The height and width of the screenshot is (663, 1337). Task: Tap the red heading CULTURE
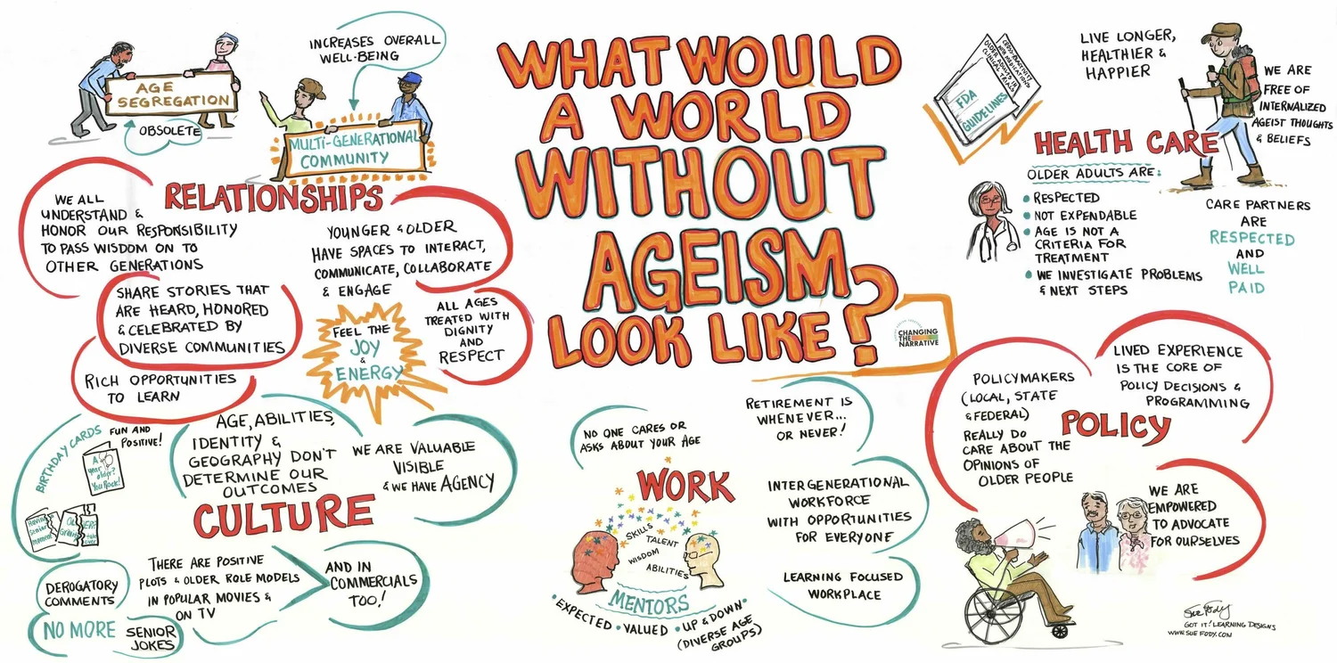coord(283,516)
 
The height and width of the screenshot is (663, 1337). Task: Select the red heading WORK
coord(685,485)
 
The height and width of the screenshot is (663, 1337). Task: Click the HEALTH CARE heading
coord(1126,143)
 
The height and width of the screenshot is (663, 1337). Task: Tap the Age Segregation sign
coord(171,95)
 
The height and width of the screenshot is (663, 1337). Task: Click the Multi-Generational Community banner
coord(351,150)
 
